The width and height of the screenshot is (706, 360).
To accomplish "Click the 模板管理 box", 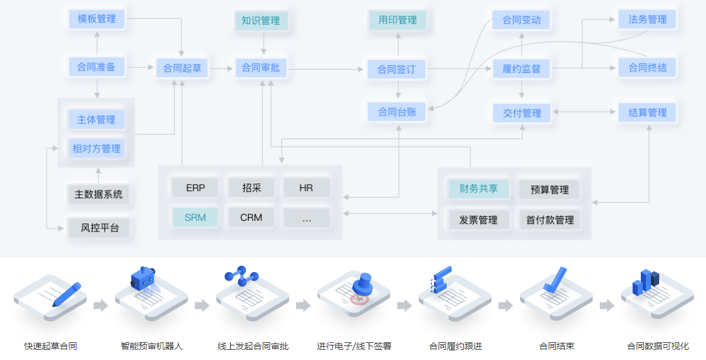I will [97, 19].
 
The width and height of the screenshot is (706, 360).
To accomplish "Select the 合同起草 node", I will [182, 68].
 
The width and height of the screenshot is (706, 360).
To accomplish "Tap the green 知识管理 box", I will [261, 21].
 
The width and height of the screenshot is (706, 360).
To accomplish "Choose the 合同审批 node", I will [261, 68].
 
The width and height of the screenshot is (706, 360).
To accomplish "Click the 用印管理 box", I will [397, 20].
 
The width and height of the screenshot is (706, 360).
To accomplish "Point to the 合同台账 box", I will [397, 112].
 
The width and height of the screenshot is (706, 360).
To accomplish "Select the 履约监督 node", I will [521, 68].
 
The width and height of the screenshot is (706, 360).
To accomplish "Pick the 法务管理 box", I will [647, 20].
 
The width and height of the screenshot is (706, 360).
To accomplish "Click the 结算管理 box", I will [647, 113].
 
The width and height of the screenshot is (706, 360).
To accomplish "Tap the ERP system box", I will [195, 188].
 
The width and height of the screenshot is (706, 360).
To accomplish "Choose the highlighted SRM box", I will [195, 218].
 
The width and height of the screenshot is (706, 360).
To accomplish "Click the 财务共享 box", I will [478, 189].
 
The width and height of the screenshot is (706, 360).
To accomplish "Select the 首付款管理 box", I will [549, 220].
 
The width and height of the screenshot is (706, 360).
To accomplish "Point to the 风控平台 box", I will [99, 228].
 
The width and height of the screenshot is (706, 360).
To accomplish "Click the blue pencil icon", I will [67, 295].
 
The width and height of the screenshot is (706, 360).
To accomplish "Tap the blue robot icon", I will [144, 278].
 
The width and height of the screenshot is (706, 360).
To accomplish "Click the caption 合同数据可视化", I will [657, 346].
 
